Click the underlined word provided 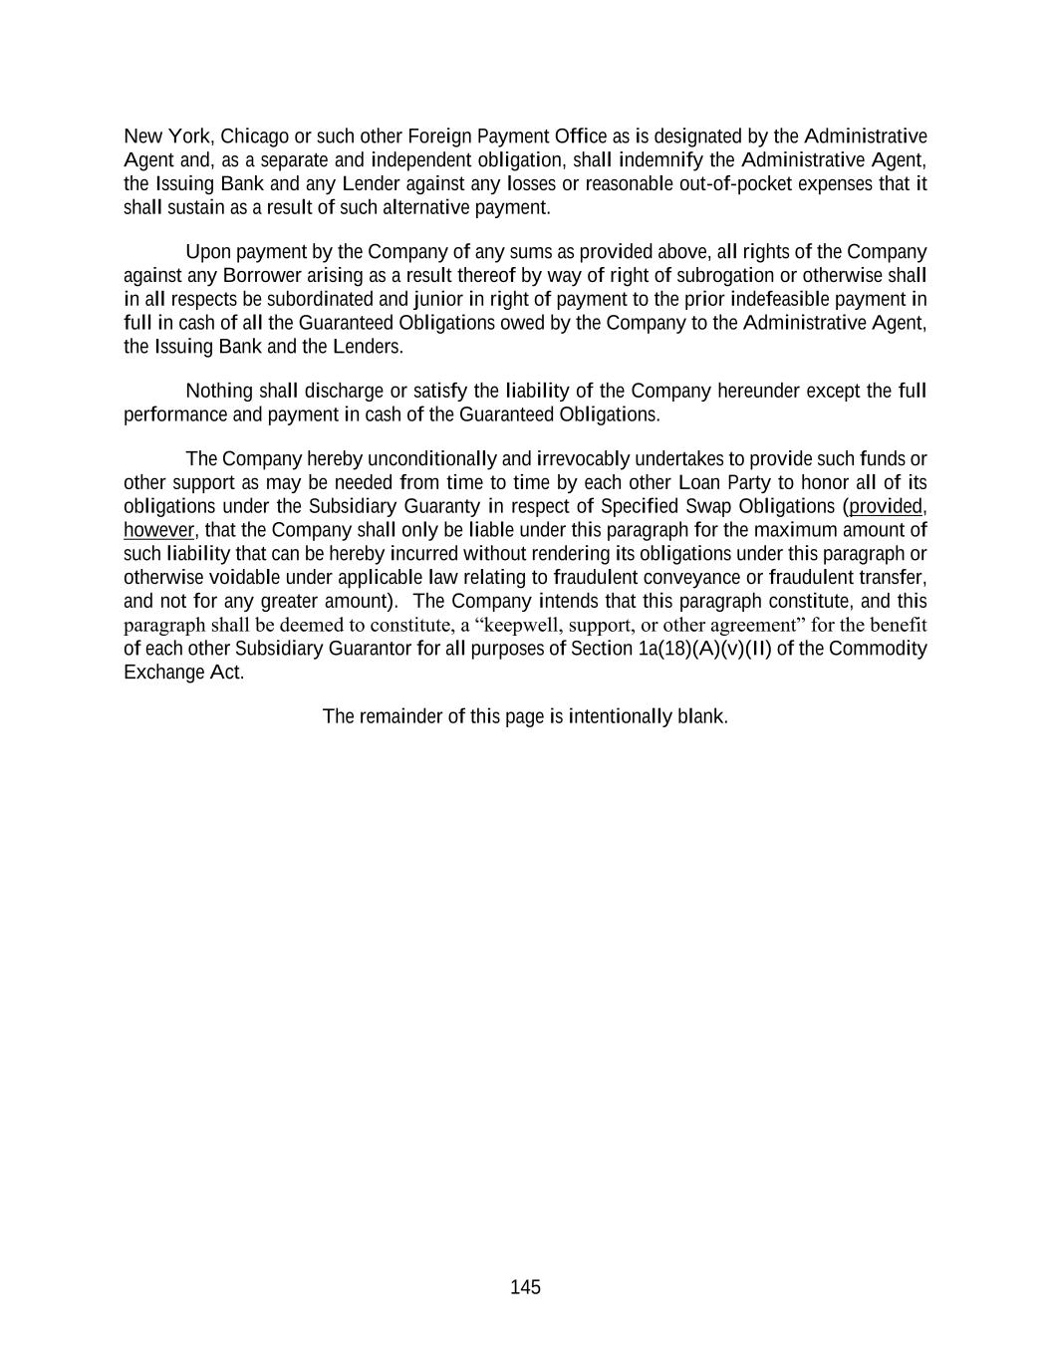pos(885,506)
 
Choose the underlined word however pos(158,530)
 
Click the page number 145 pos(525,1287)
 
